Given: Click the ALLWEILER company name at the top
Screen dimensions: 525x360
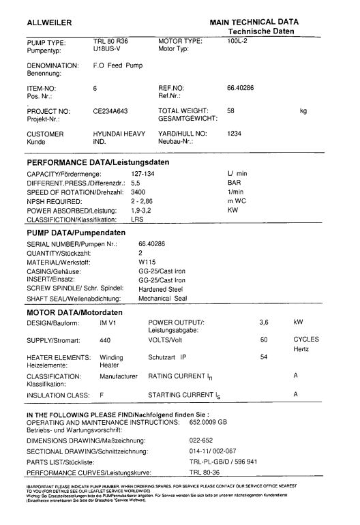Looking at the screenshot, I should click(48, 23).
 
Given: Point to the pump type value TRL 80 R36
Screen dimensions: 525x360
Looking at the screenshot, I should click(110, 42).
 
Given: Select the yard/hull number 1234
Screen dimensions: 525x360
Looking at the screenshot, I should click(235, 134).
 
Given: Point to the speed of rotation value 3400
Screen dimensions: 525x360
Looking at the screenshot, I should click(138, 193).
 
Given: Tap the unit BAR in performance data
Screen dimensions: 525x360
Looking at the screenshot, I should click(234, 183).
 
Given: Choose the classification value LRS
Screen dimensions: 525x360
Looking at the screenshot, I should click(137, 221).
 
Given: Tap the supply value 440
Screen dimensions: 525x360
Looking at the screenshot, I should click(105, 339).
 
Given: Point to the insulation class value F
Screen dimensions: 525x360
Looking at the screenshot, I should click(102, 394).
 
